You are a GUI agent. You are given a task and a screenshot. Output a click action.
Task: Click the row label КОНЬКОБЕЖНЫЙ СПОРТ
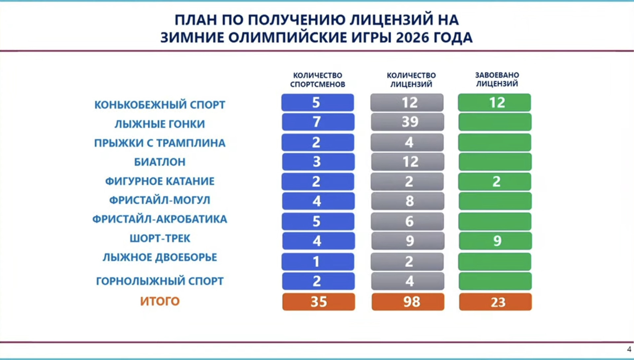click(x=160, y=105)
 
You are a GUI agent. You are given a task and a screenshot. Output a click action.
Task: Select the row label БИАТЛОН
click(x=160, y=162)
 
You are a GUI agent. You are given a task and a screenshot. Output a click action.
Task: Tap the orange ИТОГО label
click(x=160, y=301)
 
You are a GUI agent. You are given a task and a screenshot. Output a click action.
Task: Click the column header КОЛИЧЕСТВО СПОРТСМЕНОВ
click(x=318, y=80)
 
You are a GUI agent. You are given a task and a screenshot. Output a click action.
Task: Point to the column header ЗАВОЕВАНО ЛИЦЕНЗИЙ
click(x=497, y=80)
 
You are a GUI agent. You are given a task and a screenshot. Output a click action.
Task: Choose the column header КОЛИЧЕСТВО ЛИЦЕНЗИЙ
click(x=411, y=80)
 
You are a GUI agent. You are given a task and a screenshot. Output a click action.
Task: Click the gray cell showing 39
click(x=407, y=122)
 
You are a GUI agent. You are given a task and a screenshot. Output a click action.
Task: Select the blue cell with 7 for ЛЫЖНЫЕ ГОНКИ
click(x=318, y=122)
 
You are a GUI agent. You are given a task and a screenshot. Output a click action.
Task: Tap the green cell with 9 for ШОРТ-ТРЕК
click(x=495, y=241)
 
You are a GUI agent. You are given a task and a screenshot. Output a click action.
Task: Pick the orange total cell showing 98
click(x=408, y=302)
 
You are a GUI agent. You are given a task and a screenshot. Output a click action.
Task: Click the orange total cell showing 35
click(x=319, y=302)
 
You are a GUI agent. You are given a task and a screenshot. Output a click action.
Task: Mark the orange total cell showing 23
click(x=495, y=302)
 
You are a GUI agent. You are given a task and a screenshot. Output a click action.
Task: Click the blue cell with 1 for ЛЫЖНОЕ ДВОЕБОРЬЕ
click(x=318, y=262)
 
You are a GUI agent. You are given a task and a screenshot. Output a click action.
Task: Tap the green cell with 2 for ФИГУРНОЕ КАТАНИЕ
click(x=495, y=181)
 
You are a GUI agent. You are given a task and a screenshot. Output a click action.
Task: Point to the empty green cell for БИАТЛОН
click(x=495, y=162)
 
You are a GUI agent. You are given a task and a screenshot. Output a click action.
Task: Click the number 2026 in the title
click(x=417, y=38)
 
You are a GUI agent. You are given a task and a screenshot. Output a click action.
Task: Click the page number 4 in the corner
click(x=629, y=349)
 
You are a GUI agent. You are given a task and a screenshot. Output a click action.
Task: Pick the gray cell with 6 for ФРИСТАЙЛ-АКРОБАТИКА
click(x=407, y=221)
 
